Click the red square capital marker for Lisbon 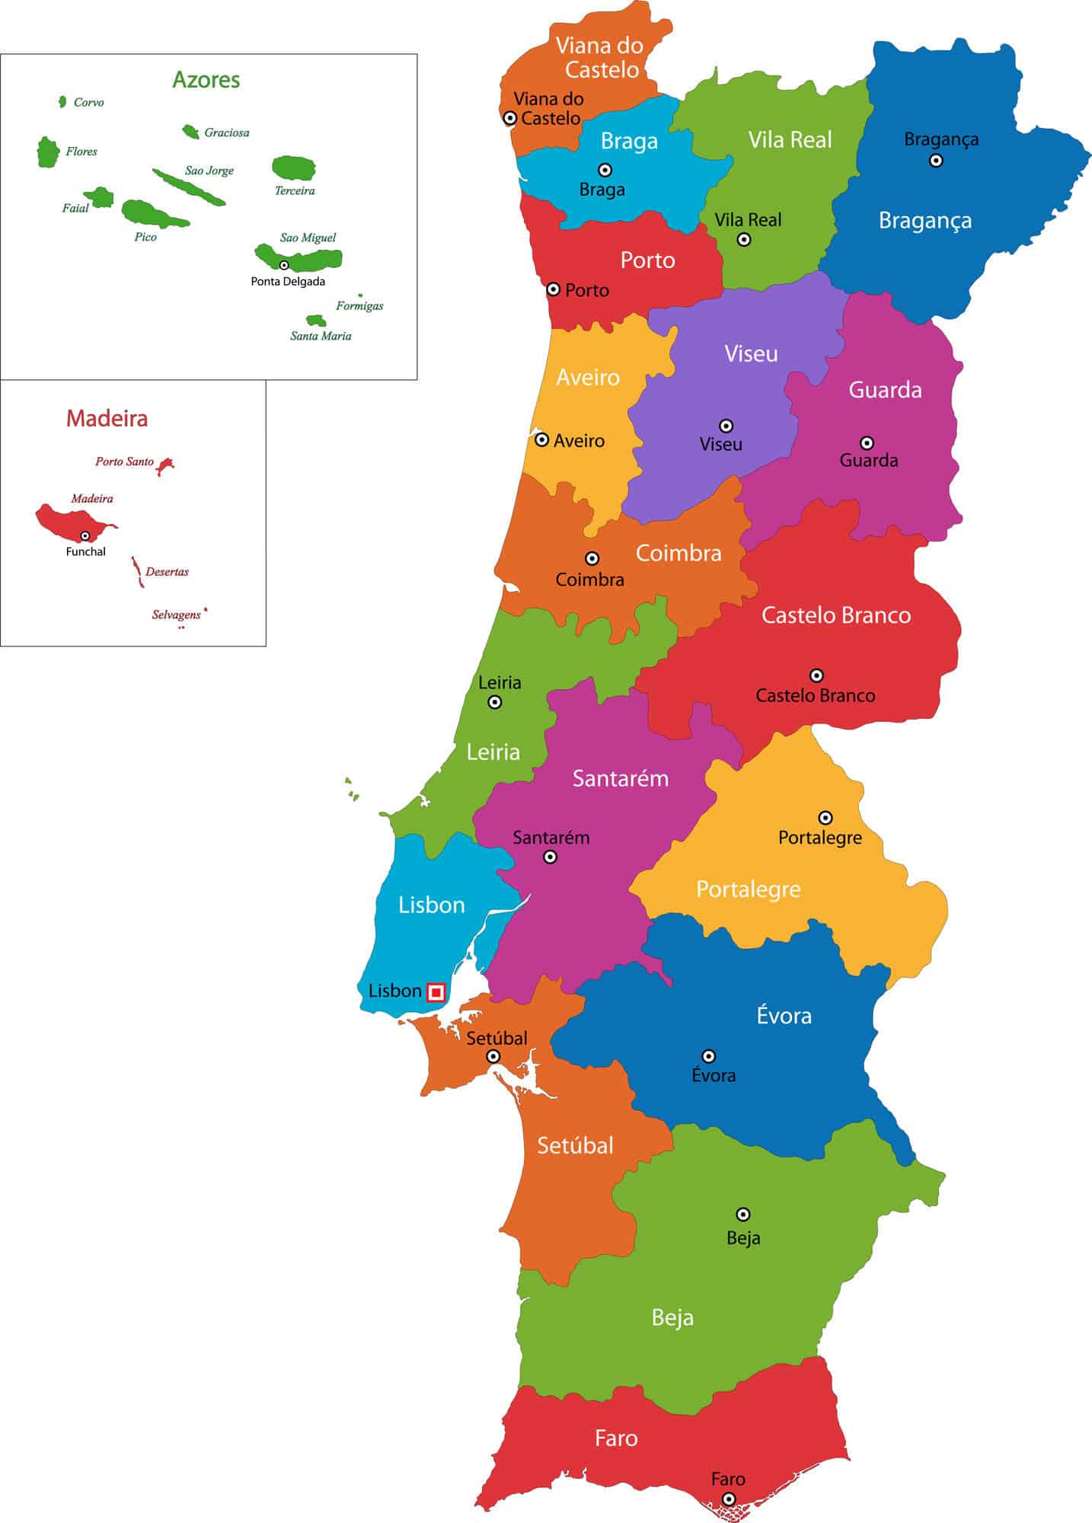436,992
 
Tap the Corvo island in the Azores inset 62,102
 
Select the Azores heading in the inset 206,80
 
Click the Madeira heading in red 107,418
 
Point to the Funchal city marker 85,536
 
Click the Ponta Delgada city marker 284,265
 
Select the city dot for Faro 729,1499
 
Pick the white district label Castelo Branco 836,615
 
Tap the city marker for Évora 708,1056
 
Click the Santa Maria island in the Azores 315,321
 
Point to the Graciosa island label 226,133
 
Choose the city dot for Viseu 726,426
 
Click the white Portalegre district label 749,889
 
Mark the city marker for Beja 743,1215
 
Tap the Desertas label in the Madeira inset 167,572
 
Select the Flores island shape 48,152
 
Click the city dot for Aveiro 541,439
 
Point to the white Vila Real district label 790,140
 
